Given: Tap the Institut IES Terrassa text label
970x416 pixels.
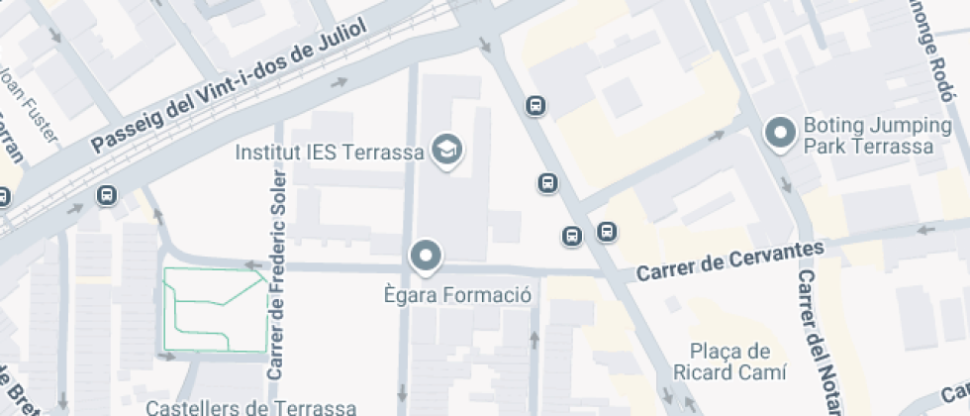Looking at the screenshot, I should point(330,153).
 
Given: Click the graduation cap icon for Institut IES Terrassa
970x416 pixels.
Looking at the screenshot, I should point(449,152).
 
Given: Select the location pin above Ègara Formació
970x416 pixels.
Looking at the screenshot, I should point(427,256).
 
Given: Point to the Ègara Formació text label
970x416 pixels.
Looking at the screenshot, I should point(457,294).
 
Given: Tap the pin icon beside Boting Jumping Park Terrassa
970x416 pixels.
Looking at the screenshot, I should point(781,135).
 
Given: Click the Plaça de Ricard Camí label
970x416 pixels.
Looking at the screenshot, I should point(729,362).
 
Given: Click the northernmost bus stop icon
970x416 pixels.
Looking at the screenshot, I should point(535,105).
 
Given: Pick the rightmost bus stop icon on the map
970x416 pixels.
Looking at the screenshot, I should point(607,233).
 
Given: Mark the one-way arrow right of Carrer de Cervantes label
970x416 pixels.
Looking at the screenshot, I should point(927,230).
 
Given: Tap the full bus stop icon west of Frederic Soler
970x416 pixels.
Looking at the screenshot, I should point(106,196).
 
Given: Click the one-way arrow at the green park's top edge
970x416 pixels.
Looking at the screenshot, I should point(250,265).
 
